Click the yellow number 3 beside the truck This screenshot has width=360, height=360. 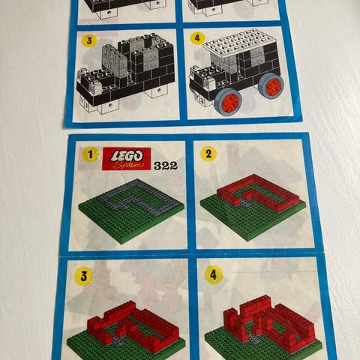(x=89, y=40)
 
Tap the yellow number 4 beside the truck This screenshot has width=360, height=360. (x=197, y=38)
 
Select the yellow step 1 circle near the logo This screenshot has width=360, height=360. (x=90, y=154)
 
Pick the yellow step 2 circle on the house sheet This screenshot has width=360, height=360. (x=208, y=154)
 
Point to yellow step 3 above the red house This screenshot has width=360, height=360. (x=84, y=276)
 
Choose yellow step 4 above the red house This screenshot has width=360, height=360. (x=213, y=275)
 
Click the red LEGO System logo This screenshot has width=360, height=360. (x=127, y=159)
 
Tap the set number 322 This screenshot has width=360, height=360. (x=166, y=166)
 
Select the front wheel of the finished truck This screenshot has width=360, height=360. (x=228, y=102)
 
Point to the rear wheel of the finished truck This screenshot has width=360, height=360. (x=271, y=86)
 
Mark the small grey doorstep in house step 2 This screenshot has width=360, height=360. (x=244, y=204)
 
